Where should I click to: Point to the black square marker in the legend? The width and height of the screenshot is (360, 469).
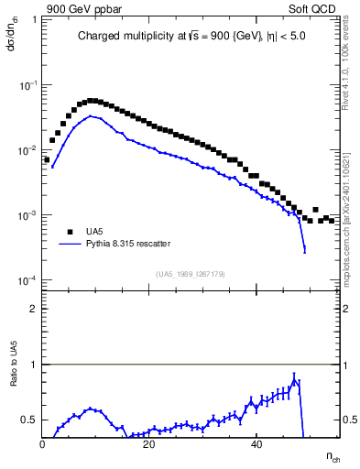click(71, 233)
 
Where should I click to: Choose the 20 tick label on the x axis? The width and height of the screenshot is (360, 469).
click(149, 445)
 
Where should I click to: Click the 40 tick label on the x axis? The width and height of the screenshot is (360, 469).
click(256, 445)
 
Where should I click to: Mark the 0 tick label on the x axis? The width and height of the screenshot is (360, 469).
click(43, 445)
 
